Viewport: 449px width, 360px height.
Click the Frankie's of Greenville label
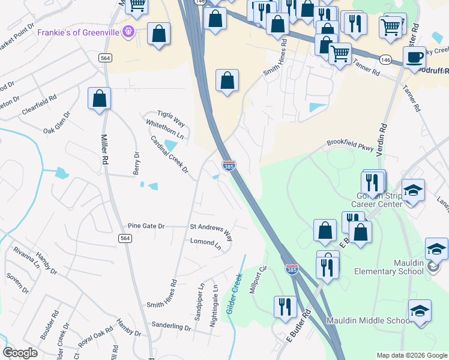(79, 32)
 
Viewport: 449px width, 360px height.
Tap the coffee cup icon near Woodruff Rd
(414, 58)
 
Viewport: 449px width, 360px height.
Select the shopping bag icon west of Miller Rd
(99, 99)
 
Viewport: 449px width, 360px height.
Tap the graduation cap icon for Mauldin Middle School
(420, 310)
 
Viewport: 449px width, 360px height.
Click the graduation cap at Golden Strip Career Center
(413, 190)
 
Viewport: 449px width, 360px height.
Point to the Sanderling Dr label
(170, 328)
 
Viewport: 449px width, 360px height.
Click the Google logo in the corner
(20, 353)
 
